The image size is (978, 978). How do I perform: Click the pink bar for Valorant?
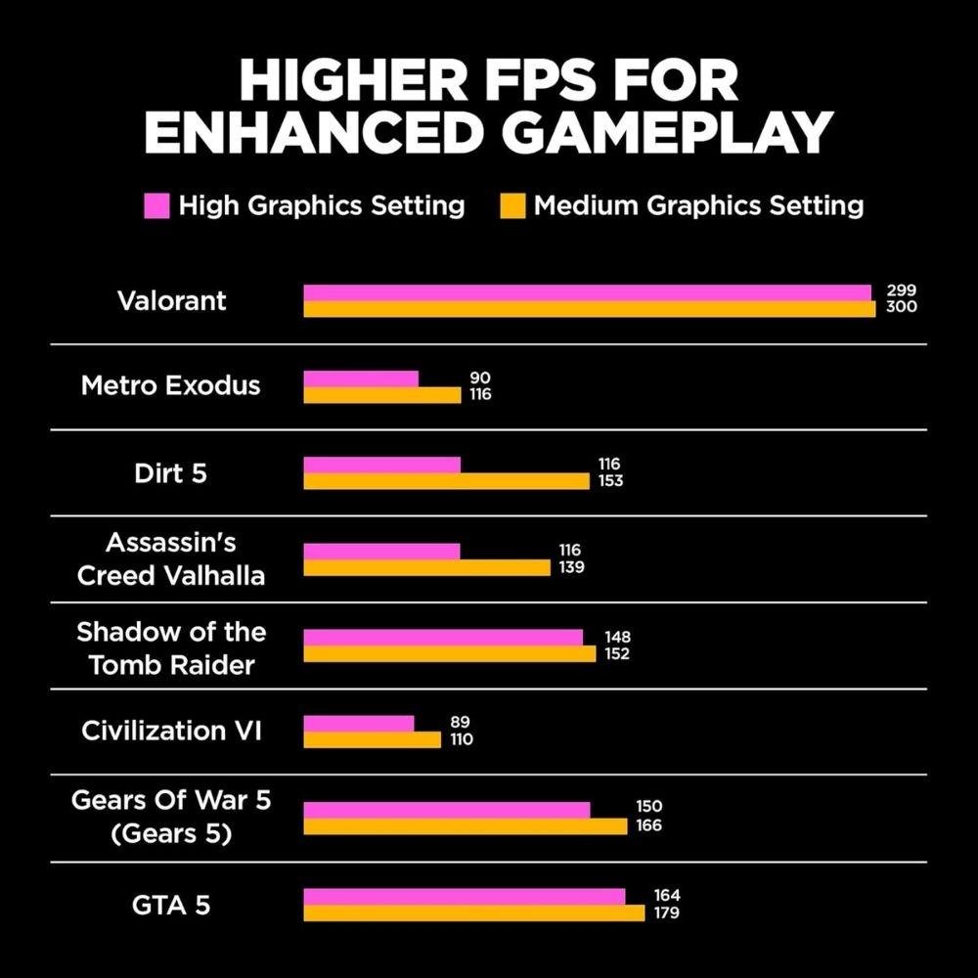tap(587, 292)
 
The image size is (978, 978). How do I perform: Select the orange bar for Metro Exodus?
tap(381, 395)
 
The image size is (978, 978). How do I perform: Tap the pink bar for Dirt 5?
tap(381, 465)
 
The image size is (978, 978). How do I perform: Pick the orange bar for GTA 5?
tap(473, 912)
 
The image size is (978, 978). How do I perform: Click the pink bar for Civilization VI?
tap(359, 723)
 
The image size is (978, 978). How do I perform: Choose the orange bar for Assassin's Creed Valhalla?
tap(426, 567)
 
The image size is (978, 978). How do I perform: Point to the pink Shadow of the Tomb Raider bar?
tap(443, 638)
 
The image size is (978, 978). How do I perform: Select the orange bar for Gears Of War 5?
tap(465, 826)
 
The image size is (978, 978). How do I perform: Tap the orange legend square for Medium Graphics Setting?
tap(514, 206)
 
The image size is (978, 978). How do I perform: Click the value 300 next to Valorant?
tap(902, 308)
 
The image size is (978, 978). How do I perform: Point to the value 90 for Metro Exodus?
tap(479, 378)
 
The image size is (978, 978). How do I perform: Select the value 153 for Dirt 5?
tap(610, 481)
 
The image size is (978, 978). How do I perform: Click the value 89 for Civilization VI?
tap(460, 723)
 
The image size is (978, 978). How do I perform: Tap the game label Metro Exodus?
tap(171, 385)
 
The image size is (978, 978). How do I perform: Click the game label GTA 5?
tap(171, 905)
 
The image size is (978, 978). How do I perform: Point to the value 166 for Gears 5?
tap(647, 826)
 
